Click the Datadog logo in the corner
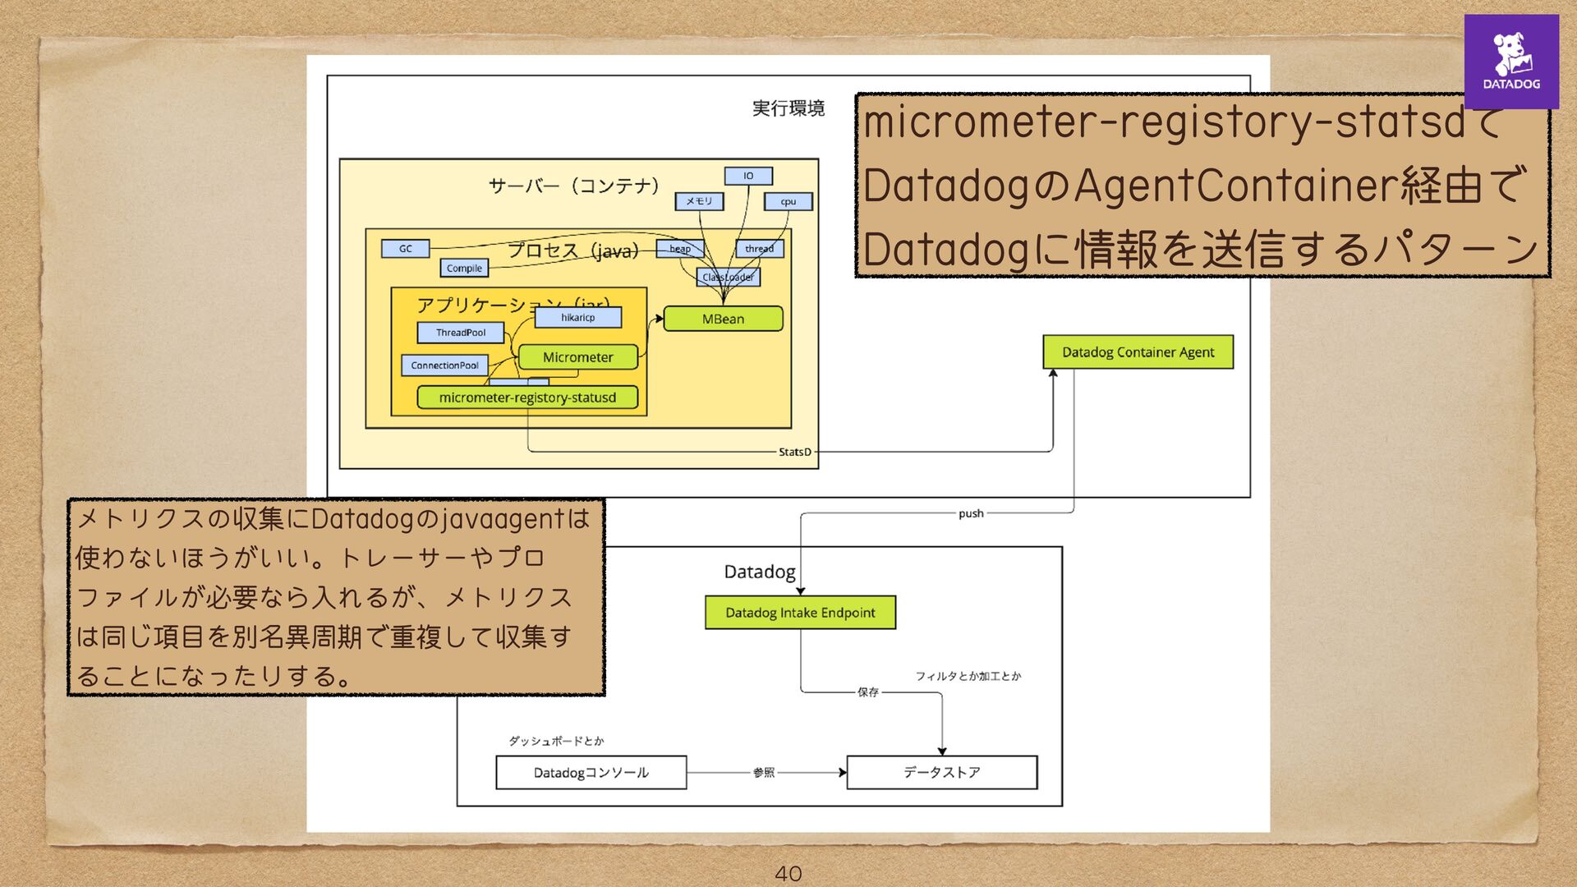click(x=1510, y=62)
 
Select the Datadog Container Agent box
click(x=1138, y=352)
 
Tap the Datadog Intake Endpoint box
click(x=800, y=613)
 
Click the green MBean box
click(x=723, y=319)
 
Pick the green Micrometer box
click(x=577, y=357)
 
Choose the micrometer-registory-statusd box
click(x=527, y=398)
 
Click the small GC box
click(x=406, y=249)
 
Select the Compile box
click(x=464, y=269)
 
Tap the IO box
click(x=748, y=176)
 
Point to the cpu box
click(x=788, y=201)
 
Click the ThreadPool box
click(x=460, y=333)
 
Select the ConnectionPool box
click(x=444, y=365)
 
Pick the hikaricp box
click(x=577, y=317)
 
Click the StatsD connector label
click(x=794, y=452)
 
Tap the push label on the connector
click(x=971, y=513)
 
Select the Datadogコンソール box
click(x=591, y=773)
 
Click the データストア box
click(x=941, y=773)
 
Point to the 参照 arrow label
click(x=763, y=773)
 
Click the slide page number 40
click(x=788, y=874)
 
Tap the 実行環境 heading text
click(x=788, y=108)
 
